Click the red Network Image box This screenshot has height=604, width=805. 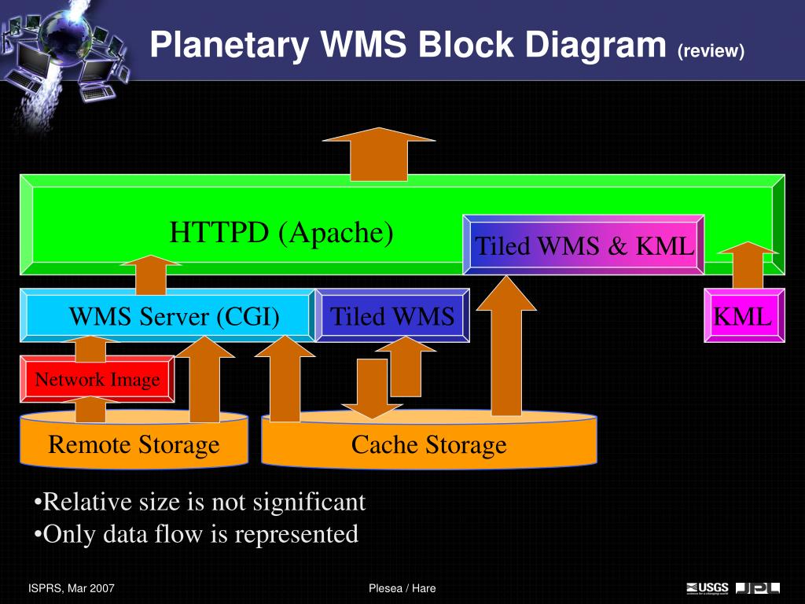(x=97, y=379)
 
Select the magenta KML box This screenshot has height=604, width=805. (x=744, y=315)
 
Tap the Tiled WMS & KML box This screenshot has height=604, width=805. (x=583, y=245)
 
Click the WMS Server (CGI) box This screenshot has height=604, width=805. (x=167, y=315)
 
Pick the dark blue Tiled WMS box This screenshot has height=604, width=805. (x=392, y=315)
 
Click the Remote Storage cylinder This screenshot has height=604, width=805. (x=134, y=440)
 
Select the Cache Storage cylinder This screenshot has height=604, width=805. (x=429, y=440)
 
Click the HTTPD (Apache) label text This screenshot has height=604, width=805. (x=281, y=232)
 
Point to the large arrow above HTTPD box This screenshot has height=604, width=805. (x=379, y=154)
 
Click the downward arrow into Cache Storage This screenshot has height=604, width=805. (x=372, y=389)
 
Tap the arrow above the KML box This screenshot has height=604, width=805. (x=748, y=265)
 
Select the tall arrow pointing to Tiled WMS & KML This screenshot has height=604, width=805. (x=506, y=346)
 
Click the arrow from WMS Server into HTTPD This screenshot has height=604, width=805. (x=151, y=274)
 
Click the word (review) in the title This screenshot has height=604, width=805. (x=711, y=50)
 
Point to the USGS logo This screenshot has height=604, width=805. (x=708, y=588)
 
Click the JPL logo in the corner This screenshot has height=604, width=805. (x=758, y=588)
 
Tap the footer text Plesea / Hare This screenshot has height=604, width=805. (x=402, y=588)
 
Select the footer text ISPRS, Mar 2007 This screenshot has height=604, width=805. (x=72, y=588)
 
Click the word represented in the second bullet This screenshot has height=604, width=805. (x=296, y=535)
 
